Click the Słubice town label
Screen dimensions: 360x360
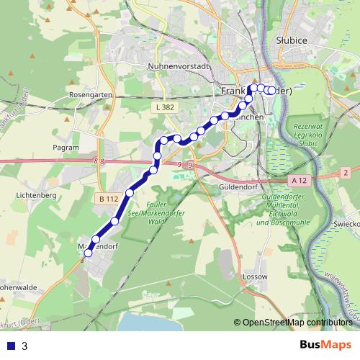point(292,40)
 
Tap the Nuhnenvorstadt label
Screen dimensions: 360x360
point(177,66)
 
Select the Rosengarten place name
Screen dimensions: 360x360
point(89,94)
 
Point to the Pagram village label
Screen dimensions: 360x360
point(66,147)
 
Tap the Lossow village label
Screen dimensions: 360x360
point(256,276)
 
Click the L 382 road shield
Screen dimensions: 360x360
point(164,107)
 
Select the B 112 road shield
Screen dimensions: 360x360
point(109,199)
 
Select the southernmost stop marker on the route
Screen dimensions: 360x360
point(89,253)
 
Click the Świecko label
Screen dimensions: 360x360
point(347,224)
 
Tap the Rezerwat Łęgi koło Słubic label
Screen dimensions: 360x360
point(310,135)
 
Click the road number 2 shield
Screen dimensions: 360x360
point(346,172)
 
